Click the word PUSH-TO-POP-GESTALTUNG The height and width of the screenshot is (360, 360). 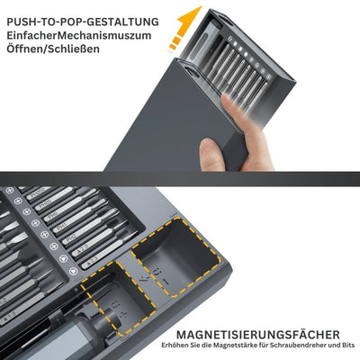click(83, 22)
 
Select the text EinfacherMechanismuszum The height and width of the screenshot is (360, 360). click(79, 35)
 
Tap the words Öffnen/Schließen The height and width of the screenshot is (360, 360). click(53, 49)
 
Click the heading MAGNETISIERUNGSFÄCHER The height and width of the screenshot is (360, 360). click(258, 335)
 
